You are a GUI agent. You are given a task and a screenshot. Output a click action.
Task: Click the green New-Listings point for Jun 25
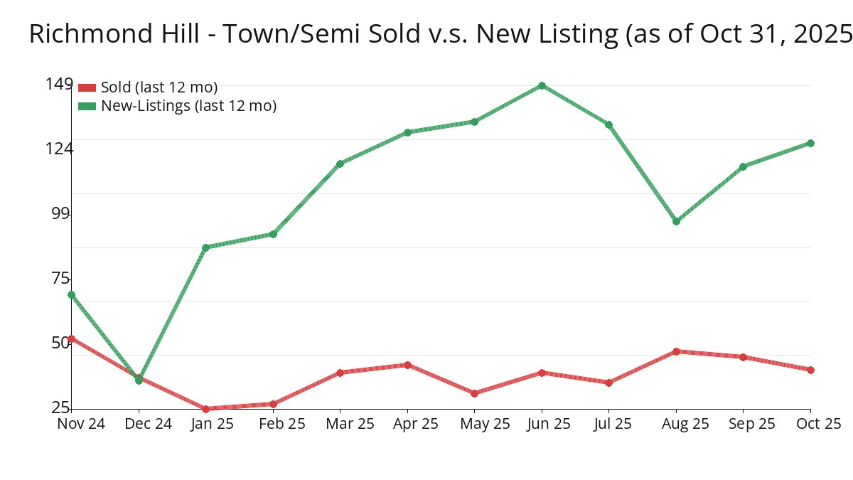(x=542, y=85)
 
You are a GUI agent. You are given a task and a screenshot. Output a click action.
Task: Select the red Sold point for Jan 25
(x=205, y=409)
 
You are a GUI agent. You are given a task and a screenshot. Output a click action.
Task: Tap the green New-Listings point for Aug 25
(x=676, y=221)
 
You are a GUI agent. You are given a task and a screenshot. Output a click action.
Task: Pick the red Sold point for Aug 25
(x=676, y=351)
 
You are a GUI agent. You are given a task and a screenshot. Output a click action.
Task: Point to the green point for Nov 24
(x=71, y=294)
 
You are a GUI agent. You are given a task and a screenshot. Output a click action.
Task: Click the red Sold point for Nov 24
(x=71, y=338)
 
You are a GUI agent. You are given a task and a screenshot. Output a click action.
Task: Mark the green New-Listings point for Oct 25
(x=810, y=143)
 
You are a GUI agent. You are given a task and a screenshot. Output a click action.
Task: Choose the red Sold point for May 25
(x=474, y=393)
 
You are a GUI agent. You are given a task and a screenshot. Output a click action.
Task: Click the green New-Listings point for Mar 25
(x=340, y=164)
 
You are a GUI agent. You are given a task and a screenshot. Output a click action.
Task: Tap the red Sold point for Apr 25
(x=407, y=365)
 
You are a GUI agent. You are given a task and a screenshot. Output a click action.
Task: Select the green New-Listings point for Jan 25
(x=205, y=247)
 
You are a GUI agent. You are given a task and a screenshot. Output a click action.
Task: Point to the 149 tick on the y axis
(x=59, y=85)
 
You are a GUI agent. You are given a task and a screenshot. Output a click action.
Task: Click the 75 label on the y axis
(x=61, y=278)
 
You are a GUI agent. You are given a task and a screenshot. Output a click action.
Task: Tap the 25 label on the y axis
(x=61, y=407)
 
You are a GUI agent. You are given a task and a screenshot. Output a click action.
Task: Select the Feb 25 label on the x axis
(x=273, y=424)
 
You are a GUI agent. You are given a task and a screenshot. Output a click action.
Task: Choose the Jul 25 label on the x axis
(x=608, y=424)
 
